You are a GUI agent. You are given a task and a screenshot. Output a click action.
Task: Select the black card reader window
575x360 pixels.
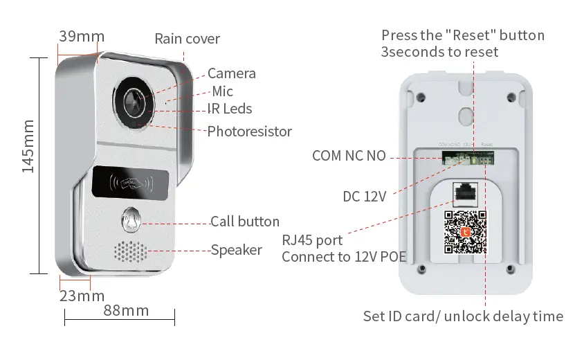(x=129, y=183)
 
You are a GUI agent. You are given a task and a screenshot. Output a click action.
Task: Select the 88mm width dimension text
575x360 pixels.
(x=126, y=310)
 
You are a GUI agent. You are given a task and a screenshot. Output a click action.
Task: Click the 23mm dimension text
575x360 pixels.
(x=82, y=297)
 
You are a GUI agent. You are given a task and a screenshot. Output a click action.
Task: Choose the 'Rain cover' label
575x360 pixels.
(x=187, y=39)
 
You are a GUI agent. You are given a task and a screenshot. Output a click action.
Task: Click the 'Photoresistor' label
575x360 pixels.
(x=250, y=131)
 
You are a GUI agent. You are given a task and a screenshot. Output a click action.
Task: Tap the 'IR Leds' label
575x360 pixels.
(x=230, y=109)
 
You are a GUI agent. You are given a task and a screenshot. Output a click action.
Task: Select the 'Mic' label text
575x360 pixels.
(x=222, y=91)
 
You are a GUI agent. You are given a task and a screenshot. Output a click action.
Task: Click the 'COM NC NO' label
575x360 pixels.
(x=349, y=156)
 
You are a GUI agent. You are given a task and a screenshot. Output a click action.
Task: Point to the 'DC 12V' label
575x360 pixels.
(x=364, y=197)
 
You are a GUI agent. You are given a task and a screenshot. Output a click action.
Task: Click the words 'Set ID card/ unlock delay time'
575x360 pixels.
(x=463, y=316)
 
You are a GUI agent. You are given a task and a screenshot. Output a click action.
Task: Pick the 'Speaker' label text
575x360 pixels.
(x=237, y=250)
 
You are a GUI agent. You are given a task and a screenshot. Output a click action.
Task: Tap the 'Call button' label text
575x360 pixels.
(x=245, y=222)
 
